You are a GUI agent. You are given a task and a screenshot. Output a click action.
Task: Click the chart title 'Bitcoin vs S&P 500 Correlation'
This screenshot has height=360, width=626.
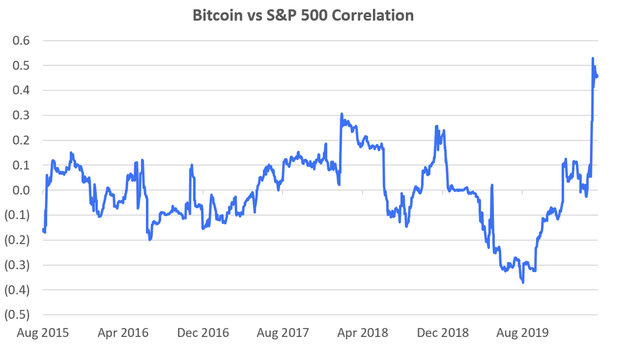click(303, 15)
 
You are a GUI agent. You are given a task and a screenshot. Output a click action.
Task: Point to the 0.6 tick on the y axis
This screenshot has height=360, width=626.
click(20, 41)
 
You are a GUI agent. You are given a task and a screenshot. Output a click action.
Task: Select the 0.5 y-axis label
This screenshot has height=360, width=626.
click(20, 66)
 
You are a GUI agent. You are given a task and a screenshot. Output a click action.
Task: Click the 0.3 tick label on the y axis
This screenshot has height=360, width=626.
click(20, 115)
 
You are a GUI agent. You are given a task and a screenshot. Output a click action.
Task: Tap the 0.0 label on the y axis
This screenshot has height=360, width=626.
click(20, 190)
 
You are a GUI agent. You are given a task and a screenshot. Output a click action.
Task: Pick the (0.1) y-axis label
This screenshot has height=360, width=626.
click(18, 215)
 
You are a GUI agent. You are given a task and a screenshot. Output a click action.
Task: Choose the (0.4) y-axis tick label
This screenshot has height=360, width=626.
click(18, 290)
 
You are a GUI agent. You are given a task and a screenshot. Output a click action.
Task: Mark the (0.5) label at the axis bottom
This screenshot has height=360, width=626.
click(18, 315)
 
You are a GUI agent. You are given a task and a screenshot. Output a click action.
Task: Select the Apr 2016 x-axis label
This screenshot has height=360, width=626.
click(123, 333)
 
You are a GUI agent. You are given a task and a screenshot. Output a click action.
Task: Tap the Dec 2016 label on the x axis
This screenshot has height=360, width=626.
click(202, 333)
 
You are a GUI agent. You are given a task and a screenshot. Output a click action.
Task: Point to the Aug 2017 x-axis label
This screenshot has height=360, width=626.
click(283, 333)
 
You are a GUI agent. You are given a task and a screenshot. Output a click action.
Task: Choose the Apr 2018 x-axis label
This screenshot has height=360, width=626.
click(363, 333)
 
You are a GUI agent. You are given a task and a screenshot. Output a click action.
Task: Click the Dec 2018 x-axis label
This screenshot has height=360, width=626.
click(443, 333)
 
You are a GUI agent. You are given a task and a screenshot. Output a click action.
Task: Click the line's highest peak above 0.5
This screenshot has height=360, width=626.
click(593, 58)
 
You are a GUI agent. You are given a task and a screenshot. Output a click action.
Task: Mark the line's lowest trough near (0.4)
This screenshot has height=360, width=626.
click(523, 282)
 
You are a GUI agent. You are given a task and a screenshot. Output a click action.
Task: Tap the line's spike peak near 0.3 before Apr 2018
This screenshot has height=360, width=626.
click(341, 114)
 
